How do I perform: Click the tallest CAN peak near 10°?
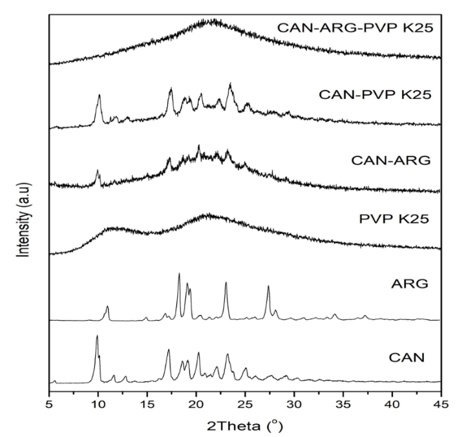97,336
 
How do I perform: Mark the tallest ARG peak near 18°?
179,274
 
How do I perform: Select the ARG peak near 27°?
268,286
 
